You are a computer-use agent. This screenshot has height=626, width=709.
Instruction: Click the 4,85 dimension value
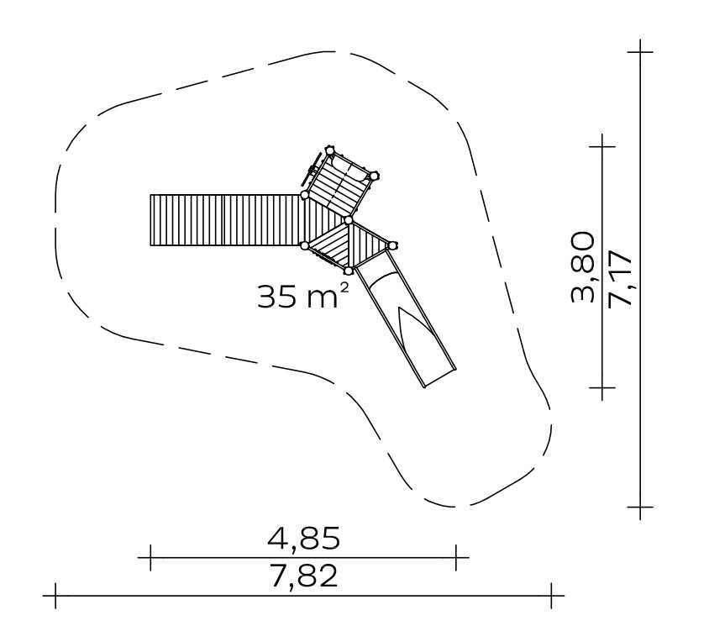pos(303,539)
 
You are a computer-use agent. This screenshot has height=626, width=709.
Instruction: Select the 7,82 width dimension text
pos(303,576)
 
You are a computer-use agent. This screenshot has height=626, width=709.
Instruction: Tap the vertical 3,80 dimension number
pos(582,267)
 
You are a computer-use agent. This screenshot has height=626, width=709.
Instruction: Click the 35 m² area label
pos(303,297)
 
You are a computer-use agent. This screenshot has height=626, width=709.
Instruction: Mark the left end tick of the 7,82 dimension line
pos(55,596)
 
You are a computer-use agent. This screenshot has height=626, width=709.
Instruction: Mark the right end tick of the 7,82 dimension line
pos(551,596)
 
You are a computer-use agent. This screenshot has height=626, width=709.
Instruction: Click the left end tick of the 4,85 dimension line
pos(150,558)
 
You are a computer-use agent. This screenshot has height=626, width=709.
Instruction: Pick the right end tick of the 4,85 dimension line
pos(456,558)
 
